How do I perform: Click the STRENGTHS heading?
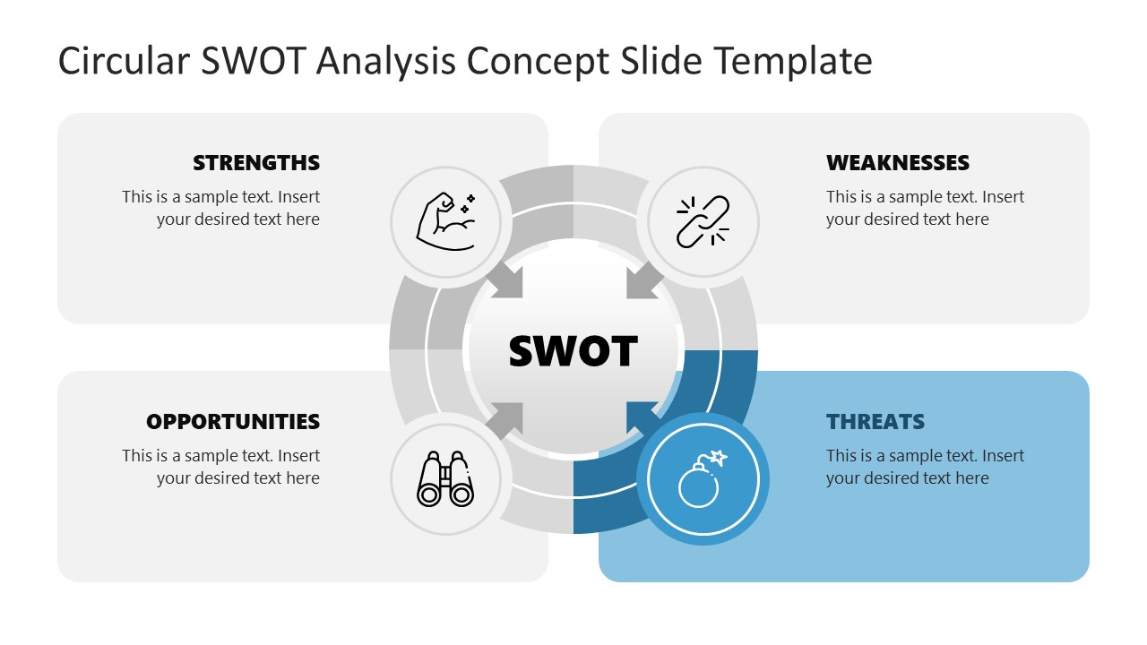coord(256,163)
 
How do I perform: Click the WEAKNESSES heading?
coord(897,163)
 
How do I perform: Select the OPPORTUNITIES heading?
coord(233,422)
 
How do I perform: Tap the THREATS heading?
coord(875,422)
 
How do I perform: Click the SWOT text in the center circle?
coord(573,351)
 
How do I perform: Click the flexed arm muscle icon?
coord(445,220)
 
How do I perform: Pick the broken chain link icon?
coord(703,220)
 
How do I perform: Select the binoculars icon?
coord(445,480)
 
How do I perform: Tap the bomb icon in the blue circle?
coord(702,480)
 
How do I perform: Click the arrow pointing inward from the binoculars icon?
coord(506,419)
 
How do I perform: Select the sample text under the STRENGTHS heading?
coord(221,208)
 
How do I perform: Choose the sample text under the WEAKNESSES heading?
coord(924,208)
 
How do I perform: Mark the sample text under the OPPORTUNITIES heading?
coord(221,467)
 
